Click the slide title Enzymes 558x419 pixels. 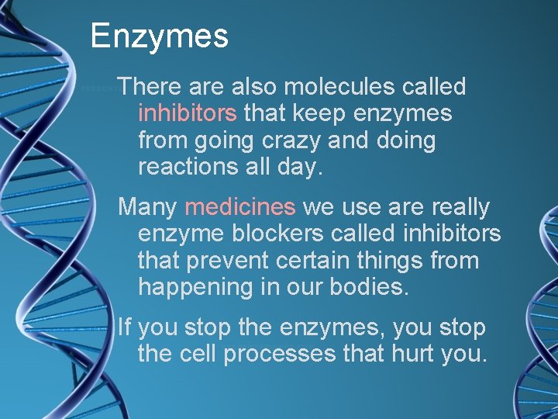159,36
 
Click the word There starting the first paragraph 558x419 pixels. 150,87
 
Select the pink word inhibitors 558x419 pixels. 188,114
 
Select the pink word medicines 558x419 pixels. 240,207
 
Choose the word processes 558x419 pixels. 282,355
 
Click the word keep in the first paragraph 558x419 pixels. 320,115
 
